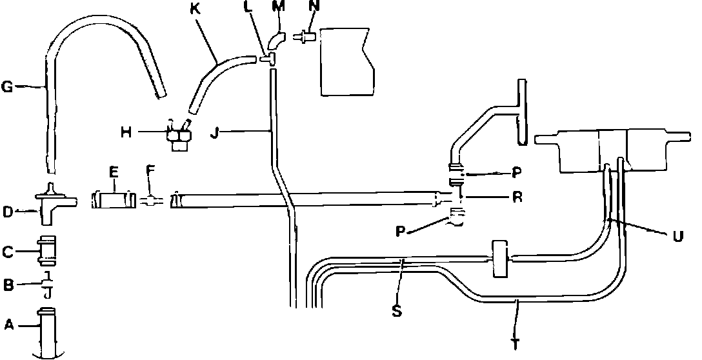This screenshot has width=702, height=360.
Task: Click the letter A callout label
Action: pos(8,326)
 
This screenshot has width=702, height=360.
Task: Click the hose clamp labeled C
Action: pos(46,251)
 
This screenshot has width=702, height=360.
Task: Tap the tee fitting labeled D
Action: pos(49,203)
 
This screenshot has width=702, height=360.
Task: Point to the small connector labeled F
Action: pos(149,201)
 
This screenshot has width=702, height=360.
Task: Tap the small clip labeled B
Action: pos(46,284)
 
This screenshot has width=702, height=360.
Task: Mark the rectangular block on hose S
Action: pos(501,259)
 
